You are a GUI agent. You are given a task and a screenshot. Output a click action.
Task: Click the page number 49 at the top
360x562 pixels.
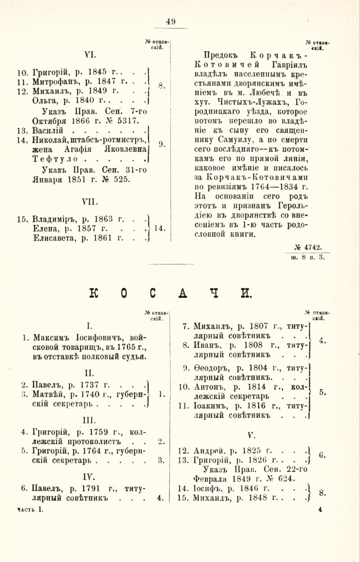click(x=170, y=21)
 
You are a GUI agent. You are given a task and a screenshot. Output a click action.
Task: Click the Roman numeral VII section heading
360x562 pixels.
click(x=89, y=201)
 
